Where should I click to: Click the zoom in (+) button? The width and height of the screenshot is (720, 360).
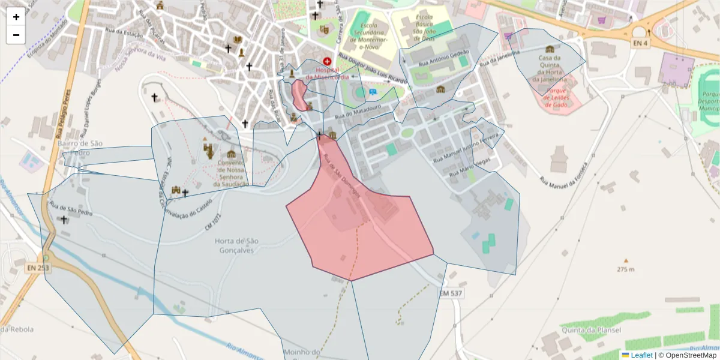coord(16,17)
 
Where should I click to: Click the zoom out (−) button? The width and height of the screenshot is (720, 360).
coord(16,35)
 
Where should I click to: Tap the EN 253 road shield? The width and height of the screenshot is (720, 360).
coord(38,268)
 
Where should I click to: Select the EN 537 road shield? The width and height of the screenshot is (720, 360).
coord(451,293)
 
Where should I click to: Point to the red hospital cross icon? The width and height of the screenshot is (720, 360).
coord(328,61)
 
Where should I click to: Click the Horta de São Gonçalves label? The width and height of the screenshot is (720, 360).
coord(236,245)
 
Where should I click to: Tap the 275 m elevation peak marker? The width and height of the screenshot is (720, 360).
coord(626,261)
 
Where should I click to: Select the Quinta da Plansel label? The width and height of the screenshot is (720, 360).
coord(591,330)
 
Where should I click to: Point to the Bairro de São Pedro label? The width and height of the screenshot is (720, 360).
coord(80,148)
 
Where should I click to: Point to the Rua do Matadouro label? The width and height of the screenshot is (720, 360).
coord(359,111)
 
